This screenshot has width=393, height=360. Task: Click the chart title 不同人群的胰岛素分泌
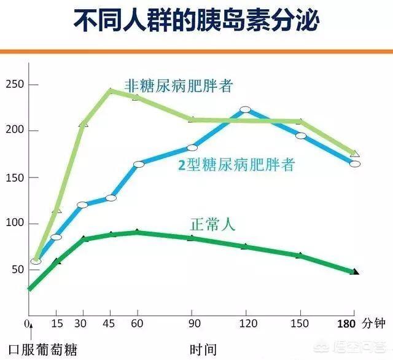tap(196, 22)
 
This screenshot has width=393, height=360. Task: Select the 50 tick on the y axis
tap(16, 270)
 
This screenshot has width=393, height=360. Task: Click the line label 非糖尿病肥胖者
tap(179, 85)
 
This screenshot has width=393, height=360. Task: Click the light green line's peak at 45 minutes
tap(111, 91)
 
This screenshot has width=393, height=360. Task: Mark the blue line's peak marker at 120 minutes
tap(246, 110)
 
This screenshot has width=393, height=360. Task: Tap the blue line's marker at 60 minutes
tap(138, 164)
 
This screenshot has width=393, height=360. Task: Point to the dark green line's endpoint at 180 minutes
tap(355, 272)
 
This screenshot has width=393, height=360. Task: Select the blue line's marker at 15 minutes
tap(56, 237)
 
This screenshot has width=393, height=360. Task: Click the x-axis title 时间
tap(203, 350)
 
